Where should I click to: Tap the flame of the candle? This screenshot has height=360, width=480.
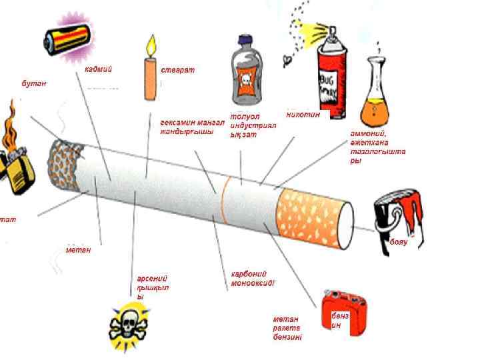[x=151, y=46]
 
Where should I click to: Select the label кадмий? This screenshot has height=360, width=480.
[x=98, y=69]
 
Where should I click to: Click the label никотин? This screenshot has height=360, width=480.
[x=303, y=115]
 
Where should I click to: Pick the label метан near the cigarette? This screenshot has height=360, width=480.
[x=78, y=249]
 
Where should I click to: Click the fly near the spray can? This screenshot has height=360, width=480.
[x=288, y=60]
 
